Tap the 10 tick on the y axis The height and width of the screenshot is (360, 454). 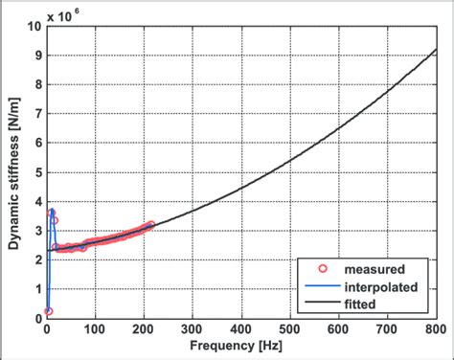click(x=34, y=28)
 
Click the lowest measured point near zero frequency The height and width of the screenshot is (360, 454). click(x=48, y=311)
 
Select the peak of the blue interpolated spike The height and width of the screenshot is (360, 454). click(x=52, y=212)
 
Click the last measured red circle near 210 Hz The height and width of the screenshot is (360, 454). click(x=150, y=225)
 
